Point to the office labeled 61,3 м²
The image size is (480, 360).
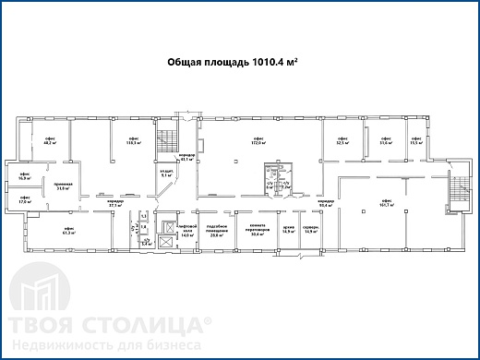[x=68, y=232]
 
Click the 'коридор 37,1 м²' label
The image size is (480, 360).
[x=114, y=204]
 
